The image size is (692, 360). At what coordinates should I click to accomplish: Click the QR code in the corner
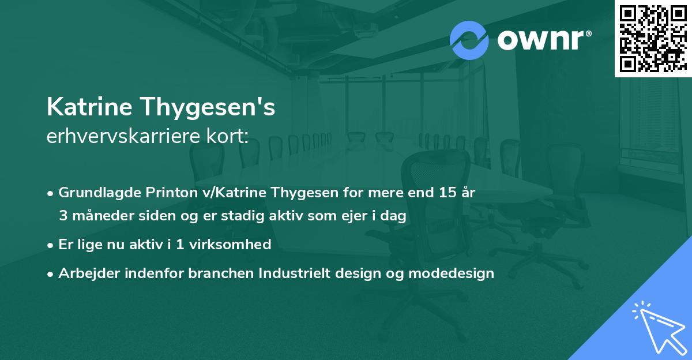pyautogui.click(x=653, y=39)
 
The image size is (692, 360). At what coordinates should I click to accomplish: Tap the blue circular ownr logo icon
pyautogui.click(x=469, y=40)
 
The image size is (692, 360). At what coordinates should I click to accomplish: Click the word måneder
pyautogui.click(x=99, y=216)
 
